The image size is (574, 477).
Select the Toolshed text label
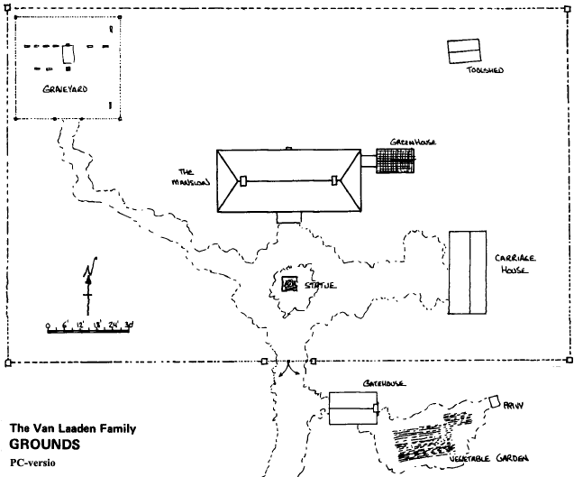(x=483, y=70)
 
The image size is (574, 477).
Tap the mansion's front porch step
(x=288, y=217)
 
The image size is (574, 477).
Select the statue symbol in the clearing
(x=290, y=285)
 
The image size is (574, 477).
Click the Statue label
(x=320, y=286)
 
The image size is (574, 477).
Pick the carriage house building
(x=468, y=271)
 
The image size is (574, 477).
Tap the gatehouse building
(x=351, y=409)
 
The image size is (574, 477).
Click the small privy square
(x=493, y=399)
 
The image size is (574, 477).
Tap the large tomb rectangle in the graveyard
(x=68, y=55)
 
